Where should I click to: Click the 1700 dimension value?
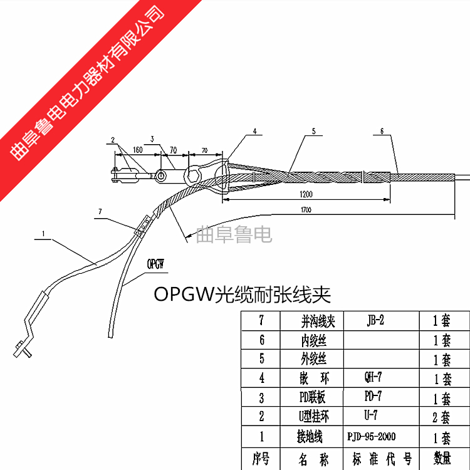[x=305, y=209]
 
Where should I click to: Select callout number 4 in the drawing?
[x=255, y=132]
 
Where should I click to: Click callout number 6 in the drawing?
[x=382, y=132]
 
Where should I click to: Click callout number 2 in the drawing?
[x=112, y=140]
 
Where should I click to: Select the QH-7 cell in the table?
[x=373, y=378]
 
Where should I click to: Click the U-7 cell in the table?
[x=373, y=415]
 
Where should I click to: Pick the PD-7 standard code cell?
[x=373, y=397]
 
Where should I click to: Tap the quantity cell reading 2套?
[x=442, y=417]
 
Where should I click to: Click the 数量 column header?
[x=442, y=460]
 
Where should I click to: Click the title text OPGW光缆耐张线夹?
[x=242, y=294]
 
